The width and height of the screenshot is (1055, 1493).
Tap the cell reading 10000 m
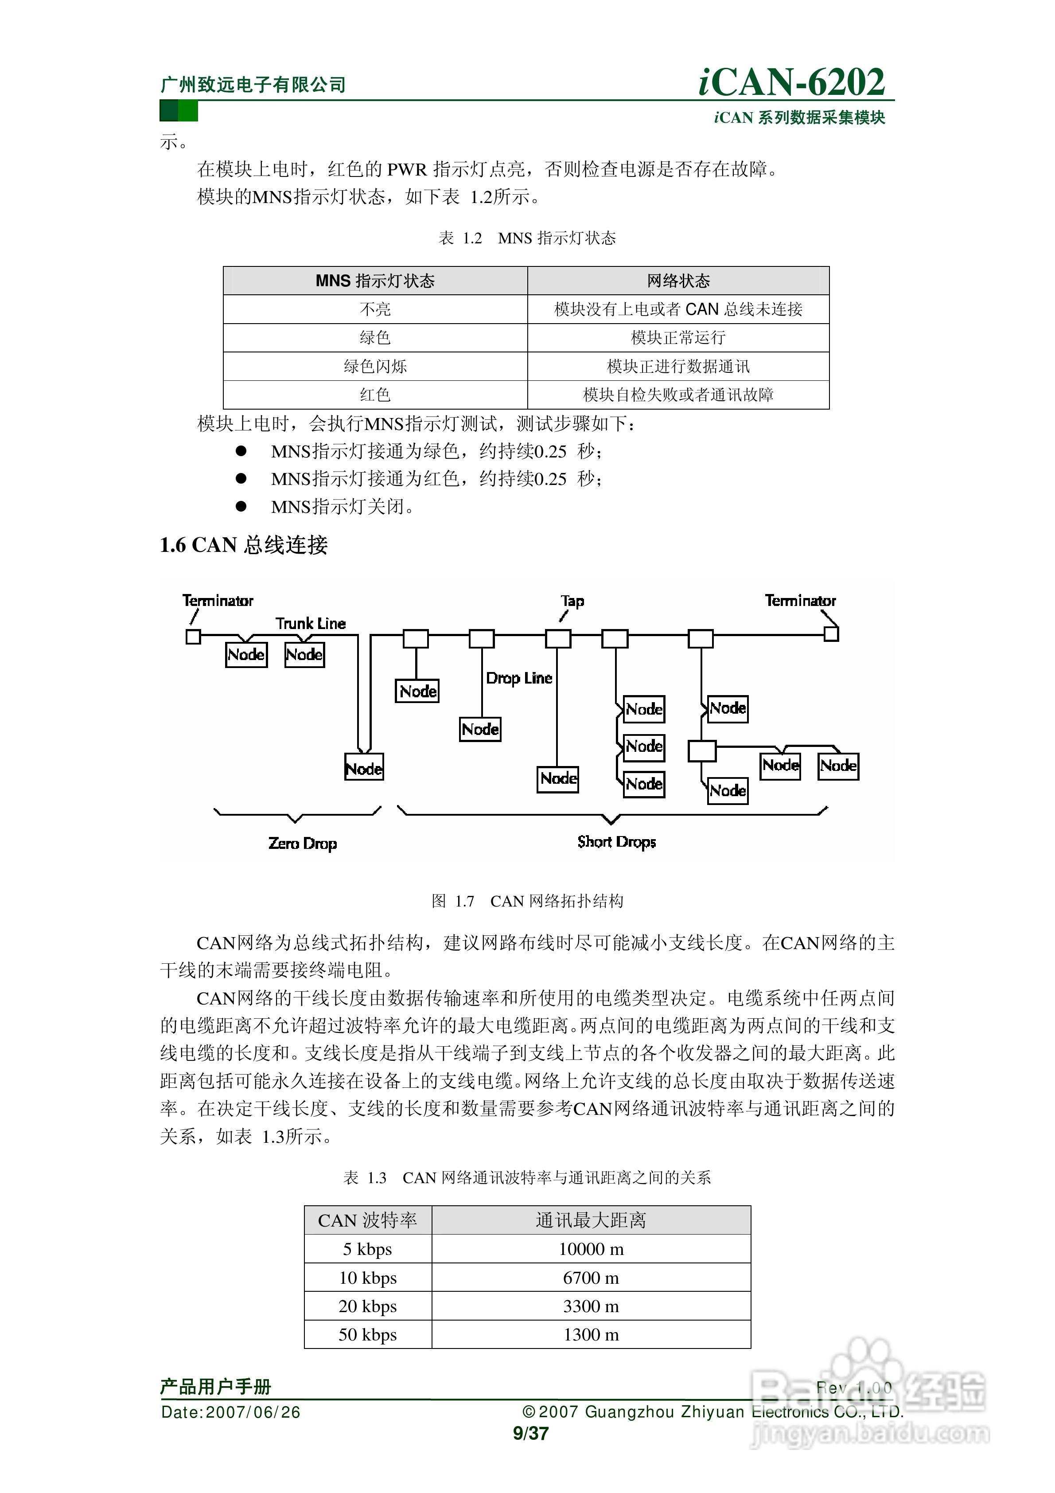pos(591,1249)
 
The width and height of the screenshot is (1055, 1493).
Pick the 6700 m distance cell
pos(591,1278)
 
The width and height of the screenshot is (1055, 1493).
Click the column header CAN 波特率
pos(367,1220)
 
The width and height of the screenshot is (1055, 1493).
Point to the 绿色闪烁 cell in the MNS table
pos(375,366)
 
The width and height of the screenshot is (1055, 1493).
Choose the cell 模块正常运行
pos(678,337)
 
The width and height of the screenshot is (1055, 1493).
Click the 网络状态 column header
pos(678,281)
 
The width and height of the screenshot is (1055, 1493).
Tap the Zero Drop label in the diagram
pos(302,844)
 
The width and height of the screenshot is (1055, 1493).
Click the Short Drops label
pos(616,842)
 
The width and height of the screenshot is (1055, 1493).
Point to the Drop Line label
pos(519,678)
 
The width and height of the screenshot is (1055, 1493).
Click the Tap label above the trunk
pos(572,601)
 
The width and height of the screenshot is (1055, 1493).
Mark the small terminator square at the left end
pos(193,636)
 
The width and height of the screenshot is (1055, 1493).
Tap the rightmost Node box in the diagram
pos(838,766)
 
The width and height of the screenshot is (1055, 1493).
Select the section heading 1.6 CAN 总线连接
pos(244,545)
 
